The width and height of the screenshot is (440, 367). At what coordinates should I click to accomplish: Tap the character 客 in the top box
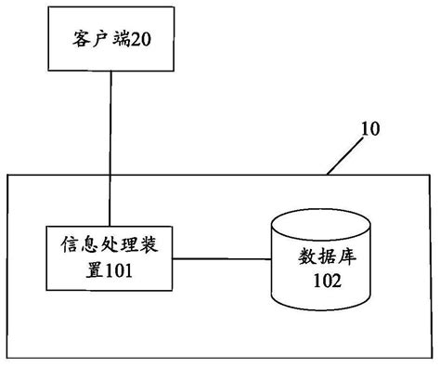pyautogui.click(x=82, y=41)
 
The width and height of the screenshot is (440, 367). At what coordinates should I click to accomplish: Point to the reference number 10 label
pyautogui.click(x=369, y=130)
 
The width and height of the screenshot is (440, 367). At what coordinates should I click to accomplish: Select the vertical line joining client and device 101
pyautogui.click(x=111, y=149)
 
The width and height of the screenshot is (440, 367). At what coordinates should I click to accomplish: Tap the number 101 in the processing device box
pyautogui.click(x=123, y=272)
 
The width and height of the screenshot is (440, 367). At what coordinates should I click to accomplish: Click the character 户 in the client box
pyautogui.click(x=99, y=41)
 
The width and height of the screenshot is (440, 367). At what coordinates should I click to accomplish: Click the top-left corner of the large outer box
pyautogui.click(x=8, y=174)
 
